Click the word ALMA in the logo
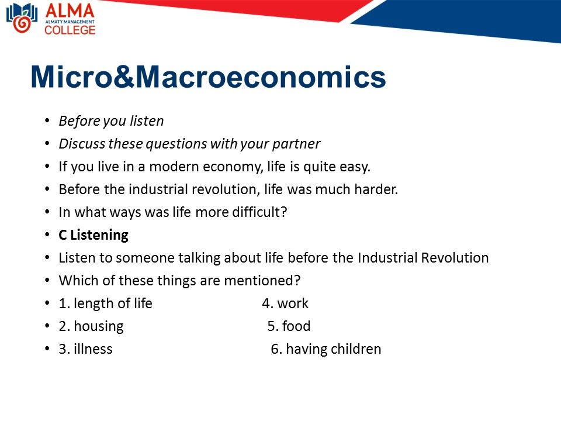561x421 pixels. [70, 11]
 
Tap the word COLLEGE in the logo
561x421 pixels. [70, 30]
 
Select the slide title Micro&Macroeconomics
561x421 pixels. [208, 77]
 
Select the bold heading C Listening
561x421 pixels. [93, 235]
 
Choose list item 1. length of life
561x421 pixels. [106, 303]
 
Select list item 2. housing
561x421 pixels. [91, 326]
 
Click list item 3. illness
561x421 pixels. [85, 349]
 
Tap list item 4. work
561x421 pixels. [285, 303]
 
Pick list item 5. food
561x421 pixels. [289, 326]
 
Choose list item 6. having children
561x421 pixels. [326, 349]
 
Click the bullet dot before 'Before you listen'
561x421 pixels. [47, 120]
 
